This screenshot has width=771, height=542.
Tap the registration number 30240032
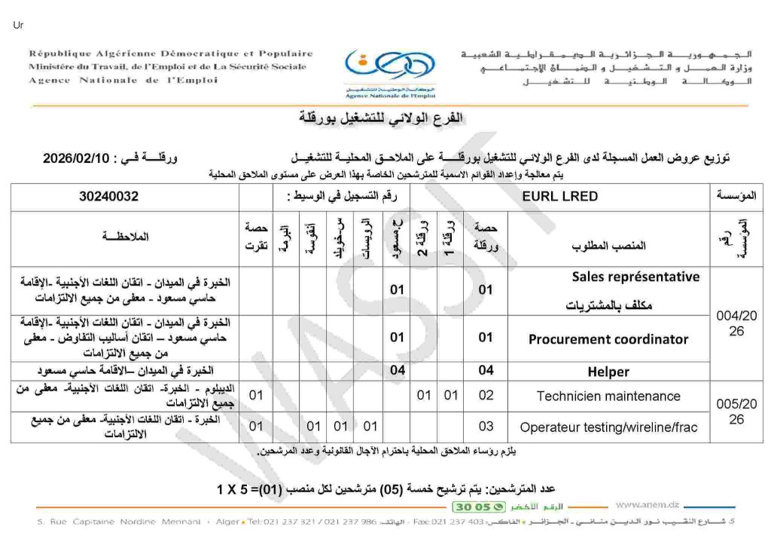(108, 197)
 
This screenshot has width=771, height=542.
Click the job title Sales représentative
(635, 277)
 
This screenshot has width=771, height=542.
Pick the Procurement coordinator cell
(608, 339)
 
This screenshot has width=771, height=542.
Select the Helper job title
(608, 372)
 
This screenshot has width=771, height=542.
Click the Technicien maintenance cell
(608, 396)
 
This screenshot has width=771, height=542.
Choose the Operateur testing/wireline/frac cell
(608, 427)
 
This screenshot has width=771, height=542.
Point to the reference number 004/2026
(736, 323)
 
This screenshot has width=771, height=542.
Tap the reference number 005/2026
(736, 411)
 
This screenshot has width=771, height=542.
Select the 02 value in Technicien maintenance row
(486, 396)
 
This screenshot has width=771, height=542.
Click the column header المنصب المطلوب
(609, 246)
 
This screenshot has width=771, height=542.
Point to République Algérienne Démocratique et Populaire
(171, 54)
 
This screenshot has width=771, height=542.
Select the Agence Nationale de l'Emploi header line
(123, 81)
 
